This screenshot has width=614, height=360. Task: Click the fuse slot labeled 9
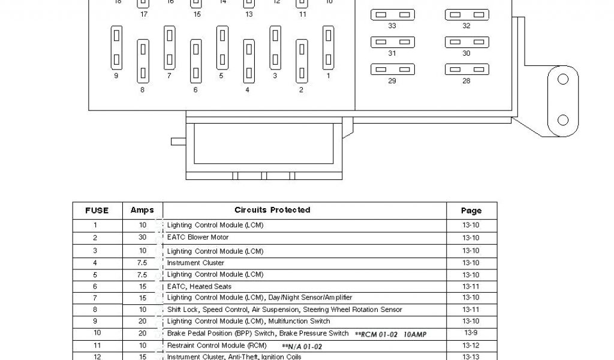click(116, 47)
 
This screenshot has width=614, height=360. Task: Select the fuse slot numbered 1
click(328, 47)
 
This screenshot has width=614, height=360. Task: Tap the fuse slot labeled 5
click(222, 47)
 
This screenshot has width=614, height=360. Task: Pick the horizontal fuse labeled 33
click(392, 14)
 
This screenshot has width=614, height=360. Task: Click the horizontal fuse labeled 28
click(466, 69)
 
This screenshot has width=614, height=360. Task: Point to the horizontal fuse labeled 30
click(466, 42)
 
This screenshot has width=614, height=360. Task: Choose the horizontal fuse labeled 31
click(392, 42)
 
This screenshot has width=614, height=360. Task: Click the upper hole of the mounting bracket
click(562, 80)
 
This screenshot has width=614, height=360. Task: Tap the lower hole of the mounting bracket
click(562, 119)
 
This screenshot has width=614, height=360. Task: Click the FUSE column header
click(97, 211)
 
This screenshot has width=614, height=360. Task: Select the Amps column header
click(142, 211)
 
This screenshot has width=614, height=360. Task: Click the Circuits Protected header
click(272, 211)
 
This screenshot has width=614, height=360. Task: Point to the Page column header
click(471, 211)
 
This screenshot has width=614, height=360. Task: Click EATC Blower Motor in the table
click(198, 238)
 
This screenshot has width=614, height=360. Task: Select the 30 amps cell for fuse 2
click(142, 238)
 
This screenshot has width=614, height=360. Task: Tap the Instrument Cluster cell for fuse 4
click(195, 263)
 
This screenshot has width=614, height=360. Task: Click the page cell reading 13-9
click(471, 333)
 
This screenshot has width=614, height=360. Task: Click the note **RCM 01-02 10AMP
click(390, 334)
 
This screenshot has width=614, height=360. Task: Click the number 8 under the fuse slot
click(142, 91)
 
